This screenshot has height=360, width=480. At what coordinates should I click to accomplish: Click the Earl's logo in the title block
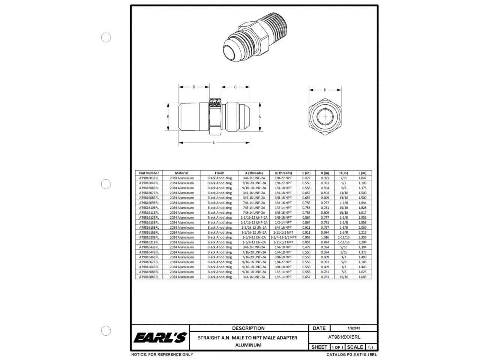(160, 337)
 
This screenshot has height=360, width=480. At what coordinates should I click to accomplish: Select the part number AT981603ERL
(149, 178)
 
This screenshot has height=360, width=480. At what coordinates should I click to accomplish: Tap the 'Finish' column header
(219, 173)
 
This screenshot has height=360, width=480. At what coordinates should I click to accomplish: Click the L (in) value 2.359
(362, 237)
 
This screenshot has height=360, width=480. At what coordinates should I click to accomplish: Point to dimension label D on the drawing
(194, 87)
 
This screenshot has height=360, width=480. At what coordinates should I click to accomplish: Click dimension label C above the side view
(235, 87)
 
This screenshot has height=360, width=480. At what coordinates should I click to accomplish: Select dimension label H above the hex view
(325, 90)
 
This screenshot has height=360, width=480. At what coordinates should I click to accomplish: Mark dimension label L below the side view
(214, 143)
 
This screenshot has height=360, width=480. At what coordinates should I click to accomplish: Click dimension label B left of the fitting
(168, 117)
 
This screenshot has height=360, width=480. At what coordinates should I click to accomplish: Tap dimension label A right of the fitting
(260, 117)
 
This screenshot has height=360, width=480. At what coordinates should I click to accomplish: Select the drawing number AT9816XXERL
(344, 337)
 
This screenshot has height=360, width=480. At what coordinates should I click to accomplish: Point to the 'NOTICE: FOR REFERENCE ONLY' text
(162, 354)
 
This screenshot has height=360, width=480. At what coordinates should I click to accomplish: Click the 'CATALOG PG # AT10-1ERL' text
(352, 354)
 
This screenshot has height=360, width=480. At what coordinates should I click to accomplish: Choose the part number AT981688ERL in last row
(149, 277)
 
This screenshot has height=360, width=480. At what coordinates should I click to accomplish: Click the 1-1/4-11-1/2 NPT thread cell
(283, 237)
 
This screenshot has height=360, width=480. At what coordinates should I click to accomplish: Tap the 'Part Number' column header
(149, 173)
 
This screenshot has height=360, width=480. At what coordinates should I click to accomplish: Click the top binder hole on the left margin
(106, 37)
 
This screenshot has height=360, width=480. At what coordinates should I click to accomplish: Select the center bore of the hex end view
(325, 117)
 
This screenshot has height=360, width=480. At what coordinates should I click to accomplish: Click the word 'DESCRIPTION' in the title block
(248, 328)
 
